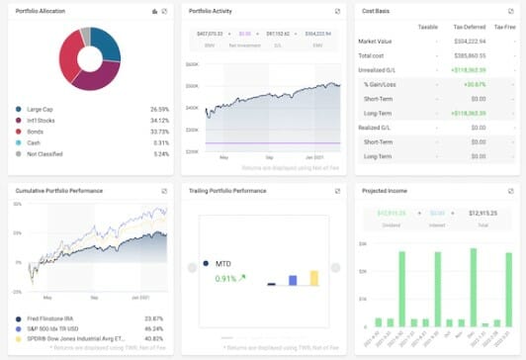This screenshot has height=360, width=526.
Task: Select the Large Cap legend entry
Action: click(43, 110)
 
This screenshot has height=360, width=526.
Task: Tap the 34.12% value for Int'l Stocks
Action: click(157, 121)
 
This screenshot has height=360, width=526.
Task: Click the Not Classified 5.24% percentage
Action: click(158, 153)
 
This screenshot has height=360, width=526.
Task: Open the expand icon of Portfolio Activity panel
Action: click(338, 12)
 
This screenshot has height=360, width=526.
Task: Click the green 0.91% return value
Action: click(225, 279)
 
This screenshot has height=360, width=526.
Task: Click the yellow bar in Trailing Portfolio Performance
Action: click(314, 278)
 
